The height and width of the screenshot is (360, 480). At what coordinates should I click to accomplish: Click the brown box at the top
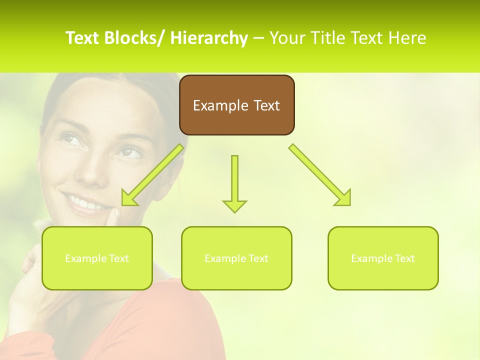coord(236,105)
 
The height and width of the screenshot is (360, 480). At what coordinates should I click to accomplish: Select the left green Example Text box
coord(97,258)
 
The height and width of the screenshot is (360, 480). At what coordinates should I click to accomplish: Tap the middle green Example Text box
coord(236,258)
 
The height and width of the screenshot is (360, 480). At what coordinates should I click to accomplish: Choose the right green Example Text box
coord(383,258)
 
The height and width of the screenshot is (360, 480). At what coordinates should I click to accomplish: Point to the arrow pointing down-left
coord(152,175)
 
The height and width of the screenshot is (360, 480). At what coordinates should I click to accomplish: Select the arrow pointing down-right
coord(320,175)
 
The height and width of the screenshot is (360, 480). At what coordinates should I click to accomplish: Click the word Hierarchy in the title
coord(209,38)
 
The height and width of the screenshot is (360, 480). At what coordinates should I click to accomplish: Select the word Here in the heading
coord(407,38)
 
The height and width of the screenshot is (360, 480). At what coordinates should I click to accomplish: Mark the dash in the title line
coord(258,38)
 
